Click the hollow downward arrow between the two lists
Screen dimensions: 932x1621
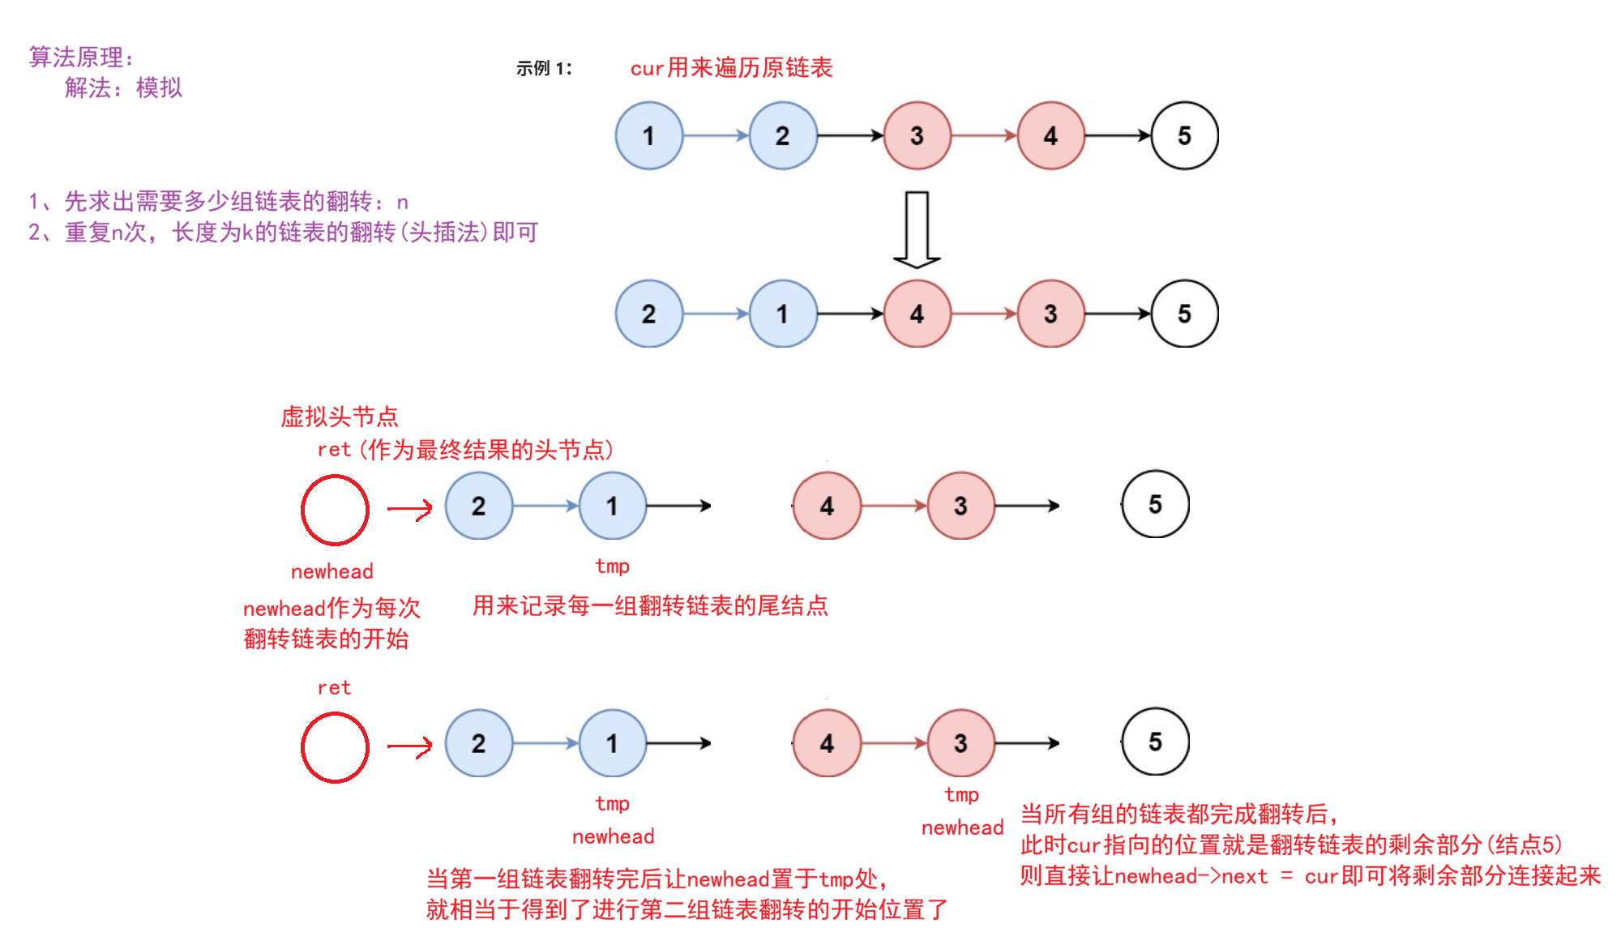pos(917,229)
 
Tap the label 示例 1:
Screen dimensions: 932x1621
pos(544,69)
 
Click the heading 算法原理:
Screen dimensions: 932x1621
pos(81,57)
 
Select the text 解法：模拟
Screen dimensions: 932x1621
pos(123,88)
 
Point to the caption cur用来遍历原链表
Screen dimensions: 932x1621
pos(731,68)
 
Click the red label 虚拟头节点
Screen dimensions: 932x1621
pos(339,417)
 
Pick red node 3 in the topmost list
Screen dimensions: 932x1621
pos(917,135)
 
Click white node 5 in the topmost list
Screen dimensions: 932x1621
pos(1184,135)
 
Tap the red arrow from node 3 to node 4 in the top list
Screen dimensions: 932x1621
pos(983,135)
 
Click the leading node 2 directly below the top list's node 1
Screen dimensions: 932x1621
pos(648,314)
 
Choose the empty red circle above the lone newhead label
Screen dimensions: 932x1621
pos(335,510)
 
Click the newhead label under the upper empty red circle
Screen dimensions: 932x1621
pos(332,571)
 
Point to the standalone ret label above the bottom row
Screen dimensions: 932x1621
pos(334,688)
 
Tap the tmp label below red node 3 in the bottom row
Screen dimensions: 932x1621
pos(961,795)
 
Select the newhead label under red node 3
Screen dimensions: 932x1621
pos(962,827)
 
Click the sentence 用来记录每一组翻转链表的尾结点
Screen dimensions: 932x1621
pos(650,605)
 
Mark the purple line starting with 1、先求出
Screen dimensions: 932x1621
pos(218,201)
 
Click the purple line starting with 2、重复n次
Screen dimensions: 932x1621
pos(283,233)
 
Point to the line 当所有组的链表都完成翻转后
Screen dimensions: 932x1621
pos(1178,814)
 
